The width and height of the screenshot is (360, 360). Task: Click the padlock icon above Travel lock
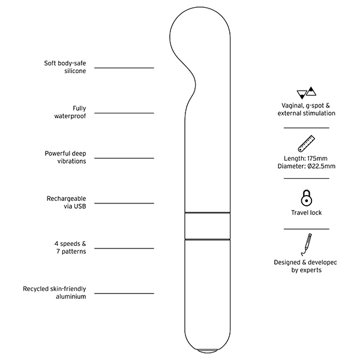pyautogui.click(x=306, y=198)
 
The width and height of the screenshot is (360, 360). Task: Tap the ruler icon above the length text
pyautogui.click(x=306, y=143)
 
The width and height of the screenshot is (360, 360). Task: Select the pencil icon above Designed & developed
pyautogui.click(x=306, y=245)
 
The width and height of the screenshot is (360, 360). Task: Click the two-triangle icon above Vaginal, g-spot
pyautogui.click(x=306, y=93)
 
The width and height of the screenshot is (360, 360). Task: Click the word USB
pyautogui.click(x=80, y=206)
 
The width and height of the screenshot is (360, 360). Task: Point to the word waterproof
pyautogui.click(x=70, y=116)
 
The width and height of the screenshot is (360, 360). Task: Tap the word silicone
pyautogui.click(x=75, y=71)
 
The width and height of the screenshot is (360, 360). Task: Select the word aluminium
pyautogui.click(x=71, y=296)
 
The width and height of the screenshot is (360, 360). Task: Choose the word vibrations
pyautogui.click(x=71, y=161)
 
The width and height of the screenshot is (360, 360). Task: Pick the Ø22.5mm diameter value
pyautogui.click(x=321, y=166)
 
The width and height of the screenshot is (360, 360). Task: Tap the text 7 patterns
pyautogui.click(x=71, y=251)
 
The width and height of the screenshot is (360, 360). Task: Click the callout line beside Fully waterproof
pyautogui.click(x=124, y=113)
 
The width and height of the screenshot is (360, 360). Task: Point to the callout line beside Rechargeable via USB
pyautogui.click(x=124, y=203)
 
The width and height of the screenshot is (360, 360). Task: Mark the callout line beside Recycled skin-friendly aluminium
pyautogui.click(x=124, y=293)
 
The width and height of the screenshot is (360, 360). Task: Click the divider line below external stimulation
pyautogui.click(x=307, y=128)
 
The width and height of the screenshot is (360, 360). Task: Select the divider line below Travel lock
pyautogui.click(x=307, y=229)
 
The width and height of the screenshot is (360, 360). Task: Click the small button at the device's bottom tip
pyautogui.click(x=207, y=351)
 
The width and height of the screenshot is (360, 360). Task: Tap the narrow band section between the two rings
pyautogui.click(x=208, y=226)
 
